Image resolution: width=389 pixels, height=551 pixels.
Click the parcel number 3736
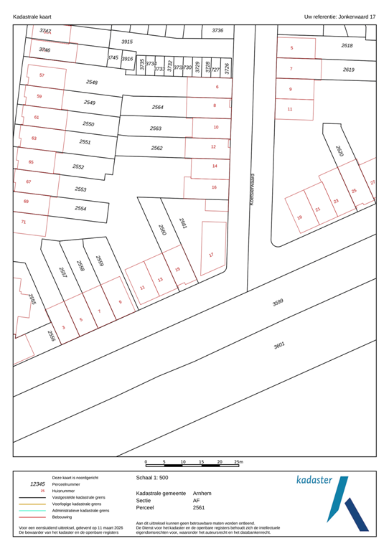tap(217, 31)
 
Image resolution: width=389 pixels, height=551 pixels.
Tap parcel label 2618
tap(347, 45)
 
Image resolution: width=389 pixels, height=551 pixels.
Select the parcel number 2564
tap(158, 107)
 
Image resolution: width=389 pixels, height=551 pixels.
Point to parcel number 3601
tap(279, 345)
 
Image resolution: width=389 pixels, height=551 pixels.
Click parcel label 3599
tap(278, 303)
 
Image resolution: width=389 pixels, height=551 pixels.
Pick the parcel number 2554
tap(81, 208)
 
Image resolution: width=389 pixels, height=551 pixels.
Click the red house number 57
tap(42, 75)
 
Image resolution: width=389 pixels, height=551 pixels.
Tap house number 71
tap(23, 222)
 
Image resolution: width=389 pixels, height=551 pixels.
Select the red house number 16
tap(214, 187)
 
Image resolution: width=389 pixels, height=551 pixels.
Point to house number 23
tap(335, 202)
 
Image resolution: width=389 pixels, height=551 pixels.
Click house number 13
tap(160, 280)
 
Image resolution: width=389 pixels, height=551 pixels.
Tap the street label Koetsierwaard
tap(253, 189)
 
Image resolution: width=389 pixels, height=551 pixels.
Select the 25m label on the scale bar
tap(238, 463)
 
